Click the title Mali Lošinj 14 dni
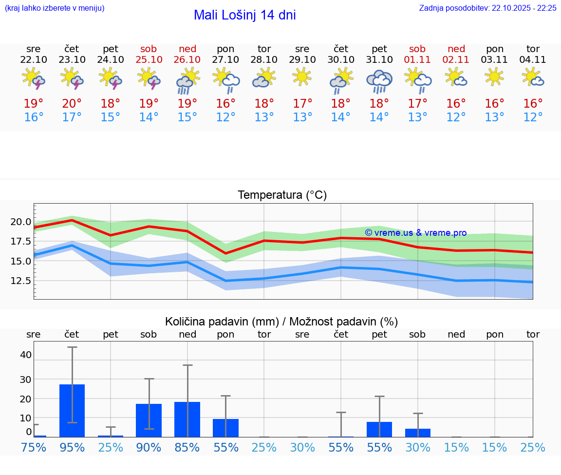click(244, 15)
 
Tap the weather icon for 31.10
click(379, 81)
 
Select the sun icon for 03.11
click(495, 77)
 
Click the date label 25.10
click(149, 60)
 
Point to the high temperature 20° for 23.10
click(72, 104)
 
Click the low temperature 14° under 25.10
click(149, 117)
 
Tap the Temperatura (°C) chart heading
click(282, 195)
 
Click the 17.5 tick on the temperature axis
click(21, 242)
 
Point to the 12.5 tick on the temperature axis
click(21, 281)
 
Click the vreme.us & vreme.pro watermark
click(415, 233)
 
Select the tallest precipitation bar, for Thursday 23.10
click(72, 410)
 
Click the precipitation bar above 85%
click(187, 419)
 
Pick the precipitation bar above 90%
click(149, 420)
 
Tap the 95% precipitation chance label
click(72, 447)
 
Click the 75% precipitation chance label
click(34, 447)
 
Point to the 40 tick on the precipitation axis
click(26, 355)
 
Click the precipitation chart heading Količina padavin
click(281, 322)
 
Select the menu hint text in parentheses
click(55, 8)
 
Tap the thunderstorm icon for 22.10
click(34, 78)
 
